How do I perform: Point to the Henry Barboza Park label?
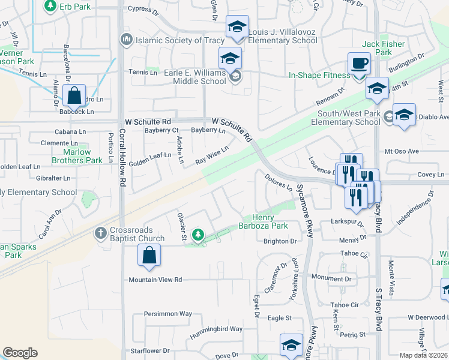265,221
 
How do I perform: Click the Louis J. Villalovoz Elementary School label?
283,36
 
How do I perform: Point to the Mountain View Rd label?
155,280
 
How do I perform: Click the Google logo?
20,353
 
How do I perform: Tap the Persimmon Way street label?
167,313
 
